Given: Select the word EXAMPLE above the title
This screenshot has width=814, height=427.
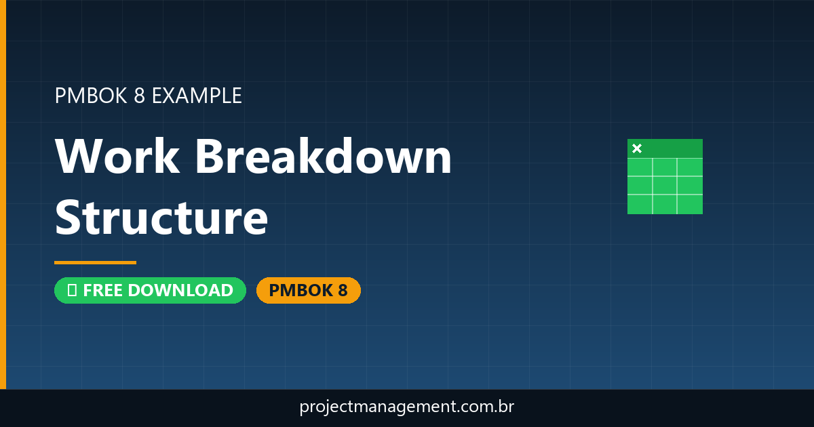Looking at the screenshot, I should pos(197,96).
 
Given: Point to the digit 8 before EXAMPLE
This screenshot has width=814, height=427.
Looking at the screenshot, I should pos(139,96).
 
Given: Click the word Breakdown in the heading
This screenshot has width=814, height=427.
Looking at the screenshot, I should pos(324,157).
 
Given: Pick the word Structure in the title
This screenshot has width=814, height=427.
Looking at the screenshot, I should pos(161,218).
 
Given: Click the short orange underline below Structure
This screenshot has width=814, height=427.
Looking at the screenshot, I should pos(95,262).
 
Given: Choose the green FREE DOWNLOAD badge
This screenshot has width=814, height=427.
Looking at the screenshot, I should pos(150,290).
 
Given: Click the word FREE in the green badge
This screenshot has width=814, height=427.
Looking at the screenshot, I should pos(103,290).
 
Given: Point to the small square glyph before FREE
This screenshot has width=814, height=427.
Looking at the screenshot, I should pos(71,290).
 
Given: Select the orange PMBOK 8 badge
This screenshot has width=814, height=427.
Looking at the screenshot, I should pos(308,290).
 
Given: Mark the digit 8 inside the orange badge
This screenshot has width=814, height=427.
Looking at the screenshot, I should pos(342,290).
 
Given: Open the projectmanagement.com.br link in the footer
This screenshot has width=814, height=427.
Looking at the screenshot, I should pos(407,407).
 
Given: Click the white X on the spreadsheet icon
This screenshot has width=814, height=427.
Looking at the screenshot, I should pos(637,148).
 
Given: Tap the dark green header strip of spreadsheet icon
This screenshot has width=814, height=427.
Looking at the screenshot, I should pos(672,148).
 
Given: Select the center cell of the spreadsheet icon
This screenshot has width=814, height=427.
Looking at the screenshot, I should pos(665,186).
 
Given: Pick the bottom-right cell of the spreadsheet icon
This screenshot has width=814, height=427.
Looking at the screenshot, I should pos(690,204).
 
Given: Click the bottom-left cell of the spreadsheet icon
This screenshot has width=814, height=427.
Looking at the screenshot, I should pos(640,204).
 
